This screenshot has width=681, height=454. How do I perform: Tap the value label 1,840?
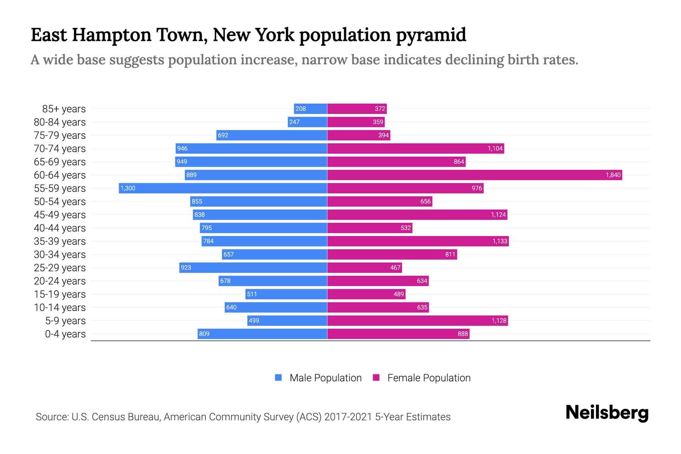coord(613,175)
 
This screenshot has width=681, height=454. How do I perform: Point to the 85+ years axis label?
coord(64,109)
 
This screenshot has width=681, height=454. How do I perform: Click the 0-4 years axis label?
coord(65,334)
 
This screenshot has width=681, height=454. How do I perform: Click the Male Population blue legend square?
coord(278,378)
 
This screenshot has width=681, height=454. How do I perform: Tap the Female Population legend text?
coord(429,378)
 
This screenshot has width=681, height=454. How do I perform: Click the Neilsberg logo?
coord(607,413)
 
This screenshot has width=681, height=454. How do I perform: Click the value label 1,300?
coord(128,188)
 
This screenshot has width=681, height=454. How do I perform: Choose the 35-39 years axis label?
coord(60,241)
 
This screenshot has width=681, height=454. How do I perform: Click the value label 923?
coord(186,268)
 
